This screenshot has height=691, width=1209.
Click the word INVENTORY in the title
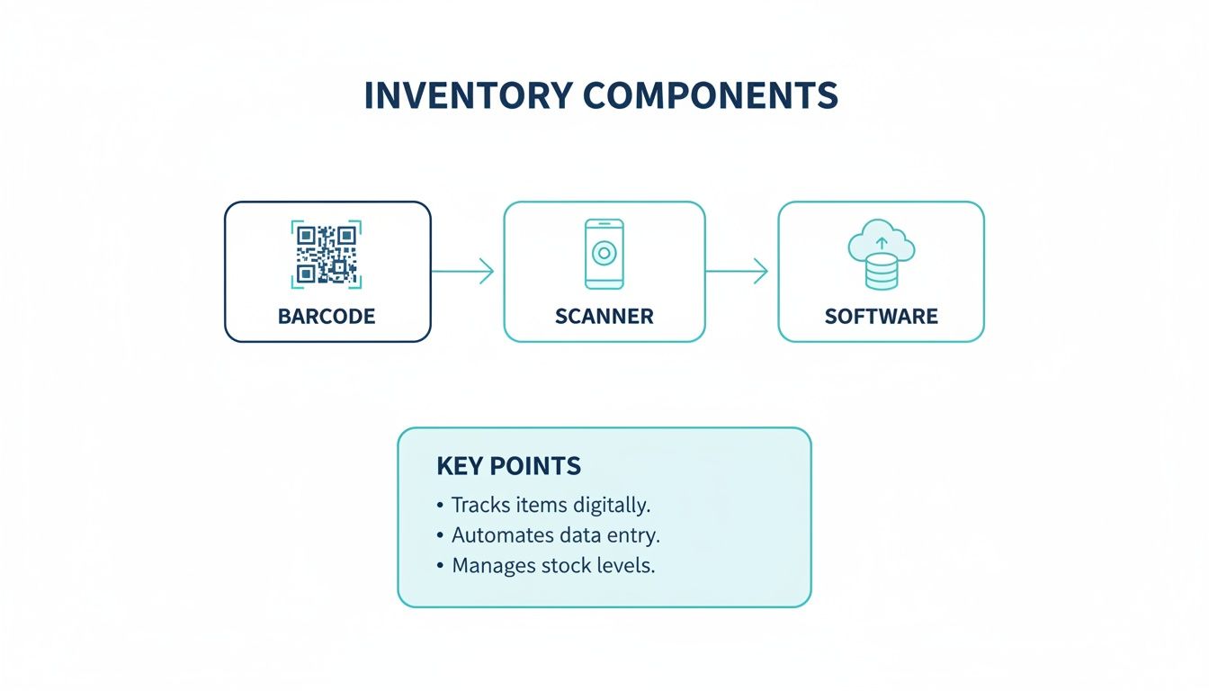click(x=467, y=96)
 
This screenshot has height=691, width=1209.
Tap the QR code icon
click(x=327, y=254)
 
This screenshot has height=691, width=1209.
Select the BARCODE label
click(x=327, y=317)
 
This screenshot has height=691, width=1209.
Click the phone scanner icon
click(x=604, y=254)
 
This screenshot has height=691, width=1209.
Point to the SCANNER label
click(x=604, y=317)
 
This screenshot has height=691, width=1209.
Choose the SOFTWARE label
click(x=882, y=317)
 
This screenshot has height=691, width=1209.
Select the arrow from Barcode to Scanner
click(x=463, y=271)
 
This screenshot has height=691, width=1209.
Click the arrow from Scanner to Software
click(x=738, y=271)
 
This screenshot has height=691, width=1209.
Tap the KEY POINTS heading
click(x=508, y=466)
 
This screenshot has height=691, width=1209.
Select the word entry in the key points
click(x=633, y=535)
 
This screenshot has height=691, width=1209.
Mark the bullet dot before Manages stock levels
click(x=440, y=567)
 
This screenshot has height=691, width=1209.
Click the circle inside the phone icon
click(x=604, y=254)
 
